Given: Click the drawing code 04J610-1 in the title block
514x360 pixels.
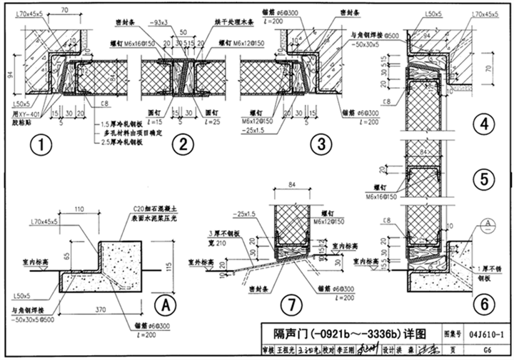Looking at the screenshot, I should [x=488, y=333].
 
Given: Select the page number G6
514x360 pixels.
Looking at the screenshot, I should [x=488, y=350].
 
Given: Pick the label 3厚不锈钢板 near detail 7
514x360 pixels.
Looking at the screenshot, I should [x=224, y=234].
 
